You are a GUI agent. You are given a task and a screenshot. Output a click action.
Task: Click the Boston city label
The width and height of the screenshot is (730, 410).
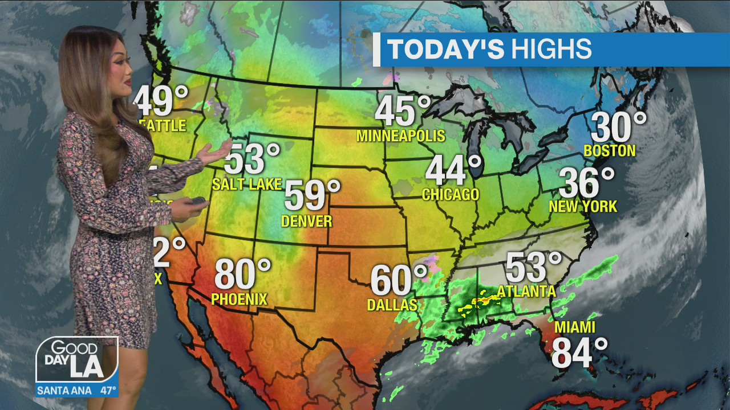[x=610, y=151]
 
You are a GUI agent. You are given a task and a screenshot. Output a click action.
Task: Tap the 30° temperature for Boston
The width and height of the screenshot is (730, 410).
[x=618, y=128]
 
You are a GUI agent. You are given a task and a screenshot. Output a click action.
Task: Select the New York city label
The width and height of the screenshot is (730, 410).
[x=583, y=206]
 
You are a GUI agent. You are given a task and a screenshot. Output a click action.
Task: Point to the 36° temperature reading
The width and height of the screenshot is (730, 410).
[x=586, y=183]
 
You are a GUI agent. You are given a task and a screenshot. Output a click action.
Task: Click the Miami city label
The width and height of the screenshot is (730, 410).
[x=574, y=327]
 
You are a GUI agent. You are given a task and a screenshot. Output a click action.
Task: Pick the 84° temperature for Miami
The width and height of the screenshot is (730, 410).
[x=579, y=352]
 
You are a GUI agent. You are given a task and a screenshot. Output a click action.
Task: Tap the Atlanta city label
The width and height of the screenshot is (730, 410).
[x=526, y=292]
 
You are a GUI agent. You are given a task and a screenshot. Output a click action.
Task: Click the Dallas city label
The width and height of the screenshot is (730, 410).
[x=392, y=305]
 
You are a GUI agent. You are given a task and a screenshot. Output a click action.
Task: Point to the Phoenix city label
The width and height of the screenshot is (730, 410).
[x=239, y=299]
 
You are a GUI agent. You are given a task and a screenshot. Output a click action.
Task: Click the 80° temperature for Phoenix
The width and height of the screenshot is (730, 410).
[x=242, y=274]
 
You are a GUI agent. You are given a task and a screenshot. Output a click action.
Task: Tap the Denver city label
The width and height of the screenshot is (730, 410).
[x=306, y=220]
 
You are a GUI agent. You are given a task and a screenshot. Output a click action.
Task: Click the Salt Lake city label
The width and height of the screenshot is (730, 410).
[x=246, y=184]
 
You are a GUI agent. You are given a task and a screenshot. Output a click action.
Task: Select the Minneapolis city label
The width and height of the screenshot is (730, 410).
[x=400, y=136]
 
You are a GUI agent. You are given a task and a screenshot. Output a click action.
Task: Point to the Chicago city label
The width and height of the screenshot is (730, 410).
[x=451, y=195]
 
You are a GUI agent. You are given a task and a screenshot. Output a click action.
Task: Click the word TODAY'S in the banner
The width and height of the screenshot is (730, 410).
[x=445, y=50]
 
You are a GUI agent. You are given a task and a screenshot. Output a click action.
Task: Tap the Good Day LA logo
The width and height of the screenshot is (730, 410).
[x=77, y=360]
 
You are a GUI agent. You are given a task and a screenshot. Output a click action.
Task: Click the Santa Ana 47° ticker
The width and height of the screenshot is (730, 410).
[x=77, y=391]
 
